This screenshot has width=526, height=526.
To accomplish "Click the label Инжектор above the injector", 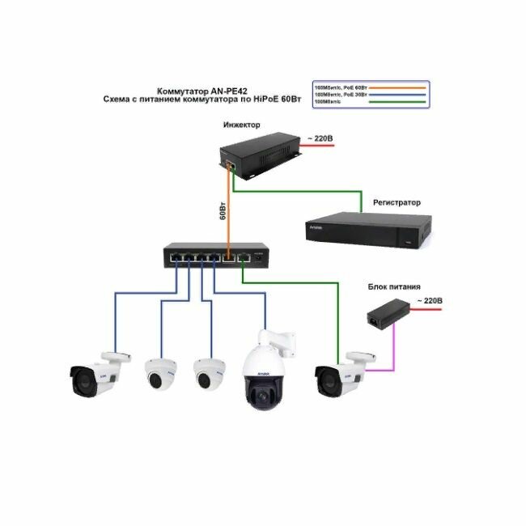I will (x=243, y=125).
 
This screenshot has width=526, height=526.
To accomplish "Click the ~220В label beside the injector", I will (x=318, y=139).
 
